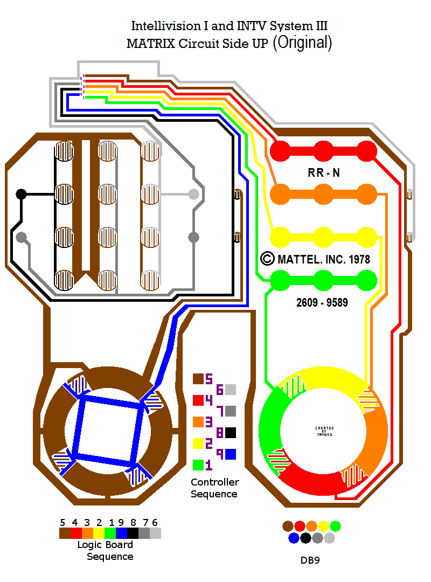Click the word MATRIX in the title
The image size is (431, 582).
click(x=147, y=44)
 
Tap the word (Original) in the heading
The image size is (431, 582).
click(x=302, y=43)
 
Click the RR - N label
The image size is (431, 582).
click(x=323, y=173)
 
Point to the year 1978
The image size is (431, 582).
click(x=359, y=259)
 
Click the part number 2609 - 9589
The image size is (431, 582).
click(x=322, y=303)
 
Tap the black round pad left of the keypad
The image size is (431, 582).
click(x=21, y=194)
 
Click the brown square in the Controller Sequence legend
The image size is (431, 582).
click(x=198, y=379)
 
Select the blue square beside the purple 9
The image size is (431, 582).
click(x=231, y=454)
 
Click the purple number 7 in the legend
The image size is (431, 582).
click(x=219, y=411)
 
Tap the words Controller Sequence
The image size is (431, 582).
click(x=214, y=488)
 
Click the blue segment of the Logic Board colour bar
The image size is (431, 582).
click(x=121, y=533)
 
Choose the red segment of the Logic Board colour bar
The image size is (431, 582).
click(x=76, y=533)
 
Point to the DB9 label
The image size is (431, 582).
click(x=310, y=560)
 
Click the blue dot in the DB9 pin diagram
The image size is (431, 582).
click(x=294, y=538)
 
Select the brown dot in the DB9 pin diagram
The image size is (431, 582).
click(x=288, y=526)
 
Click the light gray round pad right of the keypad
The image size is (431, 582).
click(x=193, y=194)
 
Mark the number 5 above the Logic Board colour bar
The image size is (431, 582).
click(x=62, y=522)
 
